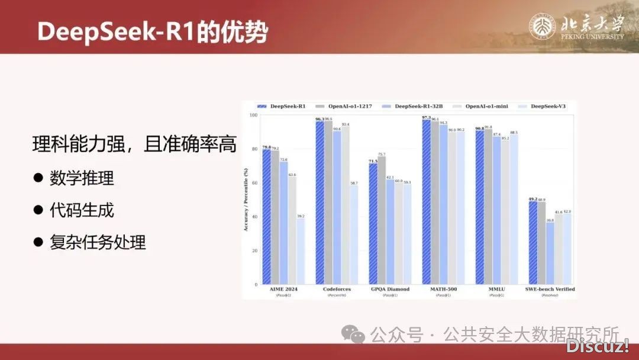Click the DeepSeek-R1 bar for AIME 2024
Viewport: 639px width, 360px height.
[x=266, y=217]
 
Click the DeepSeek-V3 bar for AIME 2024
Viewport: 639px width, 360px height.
[x=301, y=251]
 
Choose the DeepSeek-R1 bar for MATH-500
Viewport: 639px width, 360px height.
[x=426, y=202]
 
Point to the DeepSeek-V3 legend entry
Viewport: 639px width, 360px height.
[x=545, y=106]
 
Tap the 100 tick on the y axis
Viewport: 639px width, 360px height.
[x=253, y=115]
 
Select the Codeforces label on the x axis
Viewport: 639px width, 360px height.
[x=337, y=289]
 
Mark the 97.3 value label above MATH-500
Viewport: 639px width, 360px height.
[x=426, y=118]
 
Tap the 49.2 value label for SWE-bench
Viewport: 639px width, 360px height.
[x=532, y=199]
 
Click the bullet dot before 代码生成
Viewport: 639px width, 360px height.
[x=38, y=210]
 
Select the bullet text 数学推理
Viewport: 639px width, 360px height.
[x=82, y=178]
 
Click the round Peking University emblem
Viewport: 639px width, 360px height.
[x=541, y=28]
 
